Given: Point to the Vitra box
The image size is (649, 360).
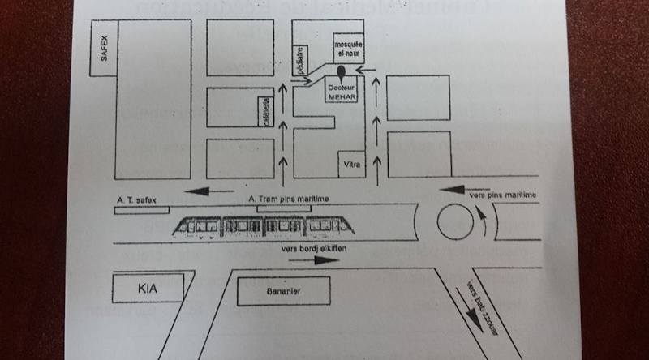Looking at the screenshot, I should pos(351,165).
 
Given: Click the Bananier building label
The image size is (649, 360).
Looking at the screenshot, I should pos(283,291).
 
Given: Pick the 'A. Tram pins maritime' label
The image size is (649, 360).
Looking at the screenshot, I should pos(284,199).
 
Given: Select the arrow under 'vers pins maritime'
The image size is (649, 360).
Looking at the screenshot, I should pos(458,190).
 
